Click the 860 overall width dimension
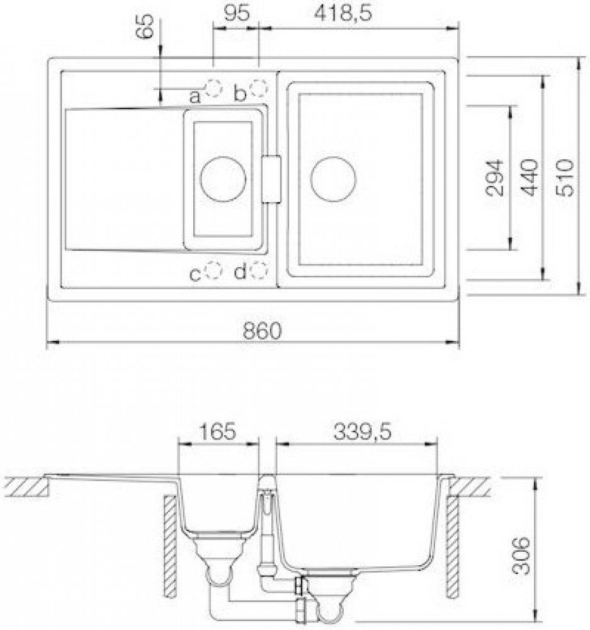pyautogui.click(x=263, y=331)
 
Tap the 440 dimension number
pyautogui.click(x=530, y=177)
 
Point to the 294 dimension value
pyautogui.click(x=494, y=177)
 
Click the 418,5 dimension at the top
pyautogui.click(x=343, y=14)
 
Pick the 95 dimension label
pyautogui.click(x=237, y=14)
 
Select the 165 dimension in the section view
pyautogui.click(x=217, y=432)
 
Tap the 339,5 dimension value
pyautogui.click(x=362, y=432)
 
